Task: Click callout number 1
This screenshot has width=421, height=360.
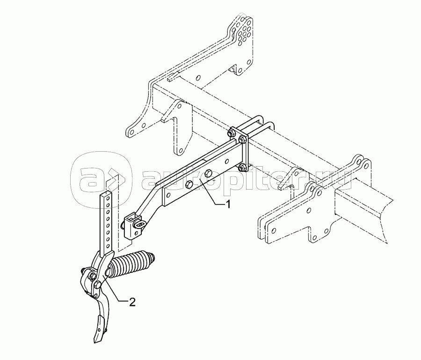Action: click(x=228, y=205)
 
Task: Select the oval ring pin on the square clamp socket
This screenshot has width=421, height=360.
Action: click(x=140, y=223)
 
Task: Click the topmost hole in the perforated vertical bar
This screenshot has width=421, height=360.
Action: click(x=108, y=199)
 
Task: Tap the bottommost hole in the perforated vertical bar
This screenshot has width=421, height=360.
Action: click(x=108, y=246)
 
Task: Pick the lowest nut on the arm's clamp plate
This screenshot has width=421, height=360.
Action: click(x=241, y=167)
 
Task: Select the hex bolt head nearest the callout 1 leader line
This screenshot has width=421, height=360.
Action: click(x=189, y=184)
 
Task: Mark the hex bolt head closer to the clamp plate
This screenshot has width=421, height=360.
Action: click(x=208, y=173)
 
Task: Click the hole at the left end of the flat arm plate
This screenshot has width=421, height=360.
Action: click(x=168, y=195)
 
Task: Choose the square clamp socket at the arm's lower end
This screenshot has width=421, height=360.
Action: click(x=132, y=226)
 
